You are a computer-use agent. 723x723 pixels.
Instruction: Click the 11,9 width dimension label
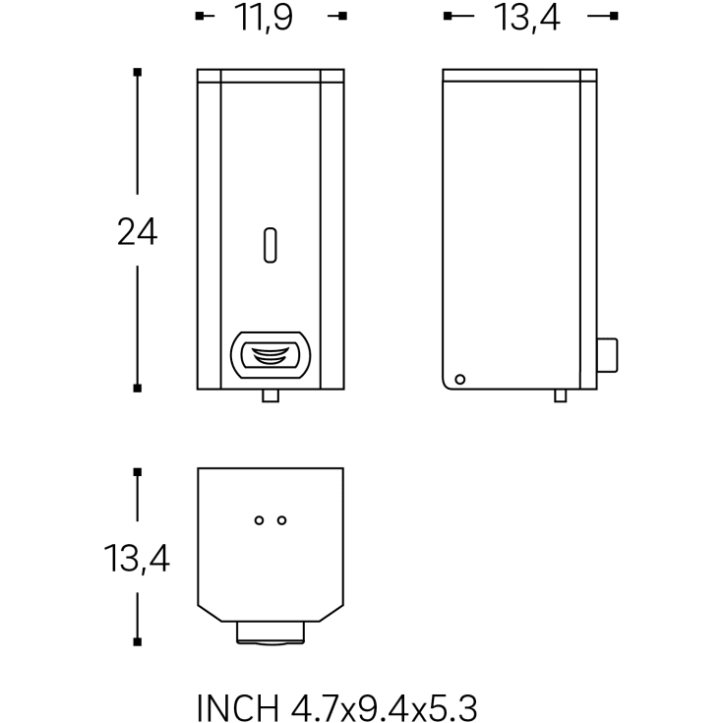(264, 18)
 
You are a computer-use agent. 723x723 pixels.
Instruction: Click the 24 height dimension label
(138, 231)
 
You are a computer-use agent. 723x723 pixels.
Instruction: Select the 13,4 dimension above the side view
(526, 18)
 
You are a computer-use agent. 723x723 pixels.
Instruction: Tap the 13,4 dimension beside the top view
(137, 559)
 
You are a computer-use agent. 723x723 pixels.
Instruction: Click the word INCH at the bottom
(238, 707)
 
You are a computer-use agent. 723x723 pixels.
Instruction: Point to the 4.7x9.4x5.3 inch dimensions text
(384, 707)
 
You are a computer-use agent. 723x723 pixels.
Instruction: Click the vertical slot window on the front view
(271, 245)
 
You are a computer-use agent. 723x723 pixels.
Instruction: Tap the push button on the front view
(271, 355)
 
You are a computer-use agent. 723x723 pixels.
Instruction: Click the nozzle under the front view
(271, 395)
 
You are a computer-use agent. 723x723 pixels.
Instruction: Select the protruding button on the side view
(607, 355)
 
